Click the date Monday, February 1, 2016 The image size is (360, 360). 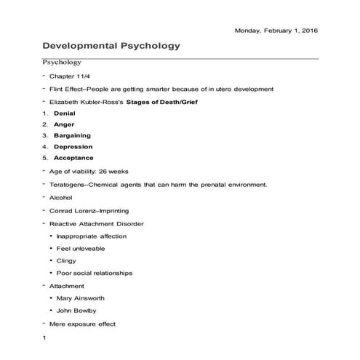click(x=276, y=30)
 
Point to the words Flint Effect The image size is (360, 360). click(x=68, y=89)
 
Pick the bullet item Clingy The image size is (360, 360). click(x=66, y=260)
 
